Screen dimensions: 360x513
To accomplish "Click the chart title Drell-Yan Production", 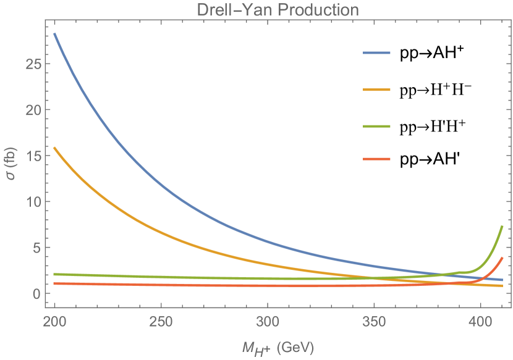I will [277, 10].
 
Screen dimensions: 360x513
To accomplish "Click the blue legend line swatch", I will [377, 53].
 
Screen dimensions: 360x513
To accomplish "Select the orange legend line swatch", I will [377, 90].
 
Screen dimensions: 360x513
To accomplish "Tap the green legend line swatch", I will [377, 125].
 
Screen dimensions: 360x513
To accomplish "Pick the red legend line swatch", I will [377, 159].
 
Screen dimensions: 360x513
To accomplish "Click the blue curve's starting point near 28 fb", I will [55, 34].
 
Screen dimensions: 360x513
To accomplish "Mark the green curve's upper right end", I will [502, 226].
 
